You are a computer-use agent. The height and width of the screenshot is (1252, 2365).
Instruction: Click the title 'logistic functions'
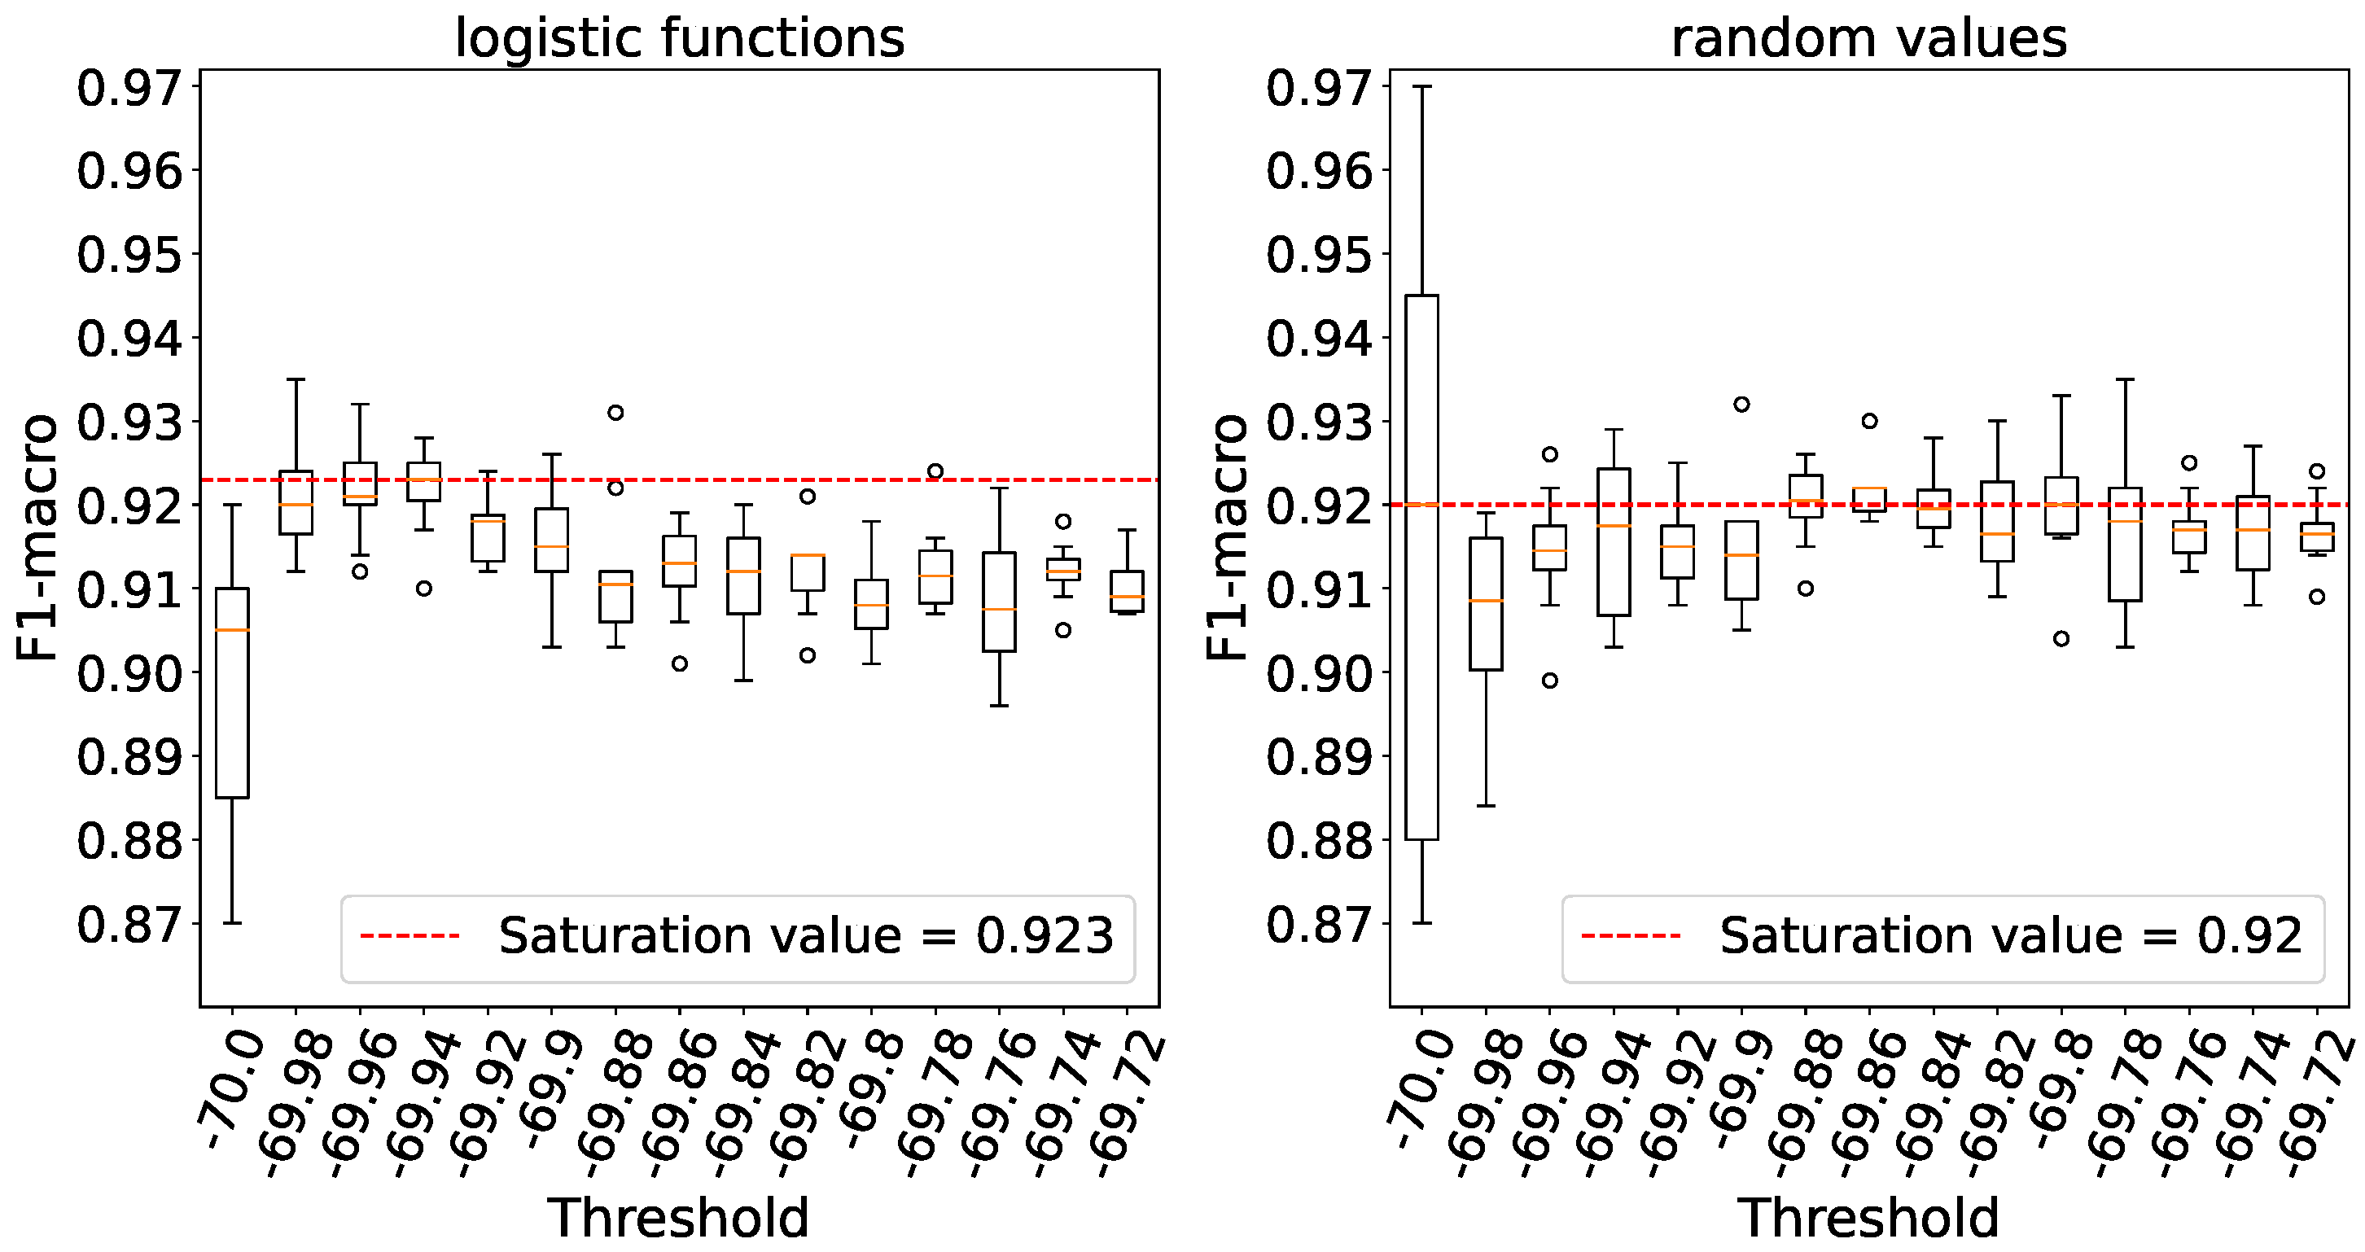pyautogui.click(x=680, y=38)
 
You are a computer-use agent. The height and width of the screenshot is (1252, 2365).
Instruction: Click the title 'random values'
pyautogui.click(x=1869, y=38)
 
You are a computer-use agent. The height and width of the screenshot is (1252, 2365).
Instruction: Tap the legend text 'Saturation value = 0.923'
pyautogui.click(x=805, y=936)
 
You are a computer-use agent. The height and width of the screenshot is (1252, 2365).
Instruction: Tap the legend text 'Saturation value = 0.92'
pyautogui.click(x=2011, y=936)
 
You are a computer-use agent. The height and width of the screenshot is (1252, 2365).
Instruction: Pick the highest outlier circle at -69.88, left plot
pyautogui.click(x=616, y=413)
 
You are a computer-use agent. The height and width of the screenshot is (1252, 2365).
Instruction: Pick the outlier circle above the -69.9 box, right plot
pyautogui.click(x=1741, y=405)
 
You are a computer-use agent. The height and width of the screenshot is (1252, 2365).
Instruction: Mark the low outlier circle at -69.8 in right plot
pyautogui.click(x=2061, y=639)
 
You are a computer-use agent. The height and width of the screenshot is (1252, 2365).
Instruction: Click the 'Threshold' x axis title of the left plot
pyautogui.click(x=680, y=1219)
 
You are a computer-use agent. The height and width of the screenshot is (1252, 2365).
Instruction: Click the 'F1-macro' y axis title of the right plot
pyautogui.click(x=1227, y=537)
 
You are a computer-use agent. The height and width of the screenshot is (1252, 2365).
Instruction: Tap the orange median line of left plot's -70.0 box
pyautogui.click(x=232, y=630)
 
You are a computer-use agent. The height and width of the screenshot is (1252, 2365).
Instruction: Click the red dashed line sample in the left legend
pyautogui.click(x=409, y=936)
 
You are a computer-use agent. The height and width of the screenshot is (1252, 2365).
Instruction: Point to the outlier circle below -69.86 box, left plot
pyautogui.click(x=680, y=663)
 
